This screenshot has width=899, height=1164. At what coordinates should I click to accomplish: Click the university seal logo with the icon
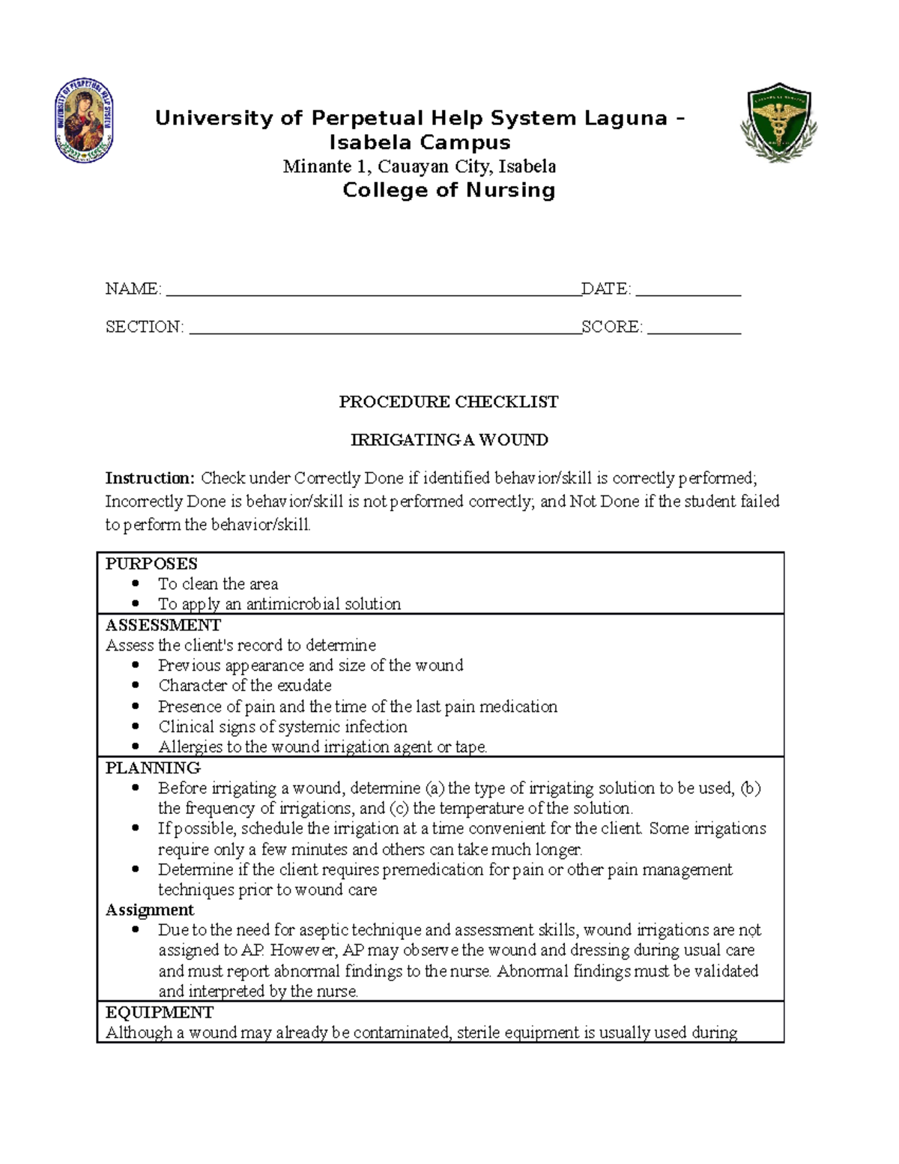pyautogui.click(x=85, y=121)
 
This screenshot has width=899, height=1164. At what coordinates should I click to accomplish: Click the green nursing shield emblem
pyautogui.click(x=778, y=122)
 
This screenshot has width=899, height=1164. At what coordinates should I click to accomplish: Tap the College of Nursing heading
pyautogui.click(x=449, y=190)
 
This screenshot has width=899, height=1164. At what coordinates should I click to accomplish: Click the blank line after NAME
pyautogui.click(x=372, y=291)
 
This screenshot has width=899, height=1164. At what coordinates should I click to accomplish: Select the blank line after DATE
pyautogui.click(x=687, y=291)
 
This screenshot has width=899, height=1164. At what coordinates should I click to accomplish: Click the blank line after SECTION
pyautogui.click(x=384, y=328)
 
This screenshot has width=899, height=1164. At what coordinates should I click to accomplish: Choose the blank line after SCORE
pyautogui.click(x=694, y=328)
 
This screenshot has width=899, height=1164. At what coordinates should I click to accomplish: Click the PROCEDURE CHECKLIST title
pyautogui.click(x=448, y=402)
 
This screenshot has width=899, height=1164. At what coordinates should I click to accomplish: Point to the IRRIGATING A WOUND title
pyautogui.click(x=449, y=440)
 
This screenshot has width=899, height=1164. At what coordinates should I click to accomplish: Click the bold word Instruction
pyautogui.click(x=150, y=478)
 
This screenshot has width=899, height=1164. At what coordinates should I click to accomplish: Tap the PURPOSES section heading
pyautogui.click(x=151, y=564)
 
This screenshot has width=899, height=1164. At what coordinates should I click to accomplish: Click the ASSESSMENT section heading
pyautogui.click(x=163, y=625)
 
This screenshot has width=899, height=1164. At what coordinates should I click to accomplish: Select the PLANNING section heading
pyautogui.click(x=153, y=768)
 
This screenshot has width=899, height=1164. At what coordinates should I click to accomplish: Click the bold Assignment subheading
pyautogui.click(x=149, y=910)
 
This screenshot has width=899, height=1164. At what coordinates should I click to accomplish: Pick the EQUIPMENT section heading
pyautogui.click(x=159, y=1013)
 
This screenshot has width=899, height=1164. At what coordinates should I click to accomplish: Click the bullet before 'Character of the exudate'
pyautogui.click(x=136, y=685)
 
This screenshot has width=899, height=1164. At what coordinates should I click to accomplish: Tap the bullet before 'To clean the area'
pyautogui.click(x=136, y=583)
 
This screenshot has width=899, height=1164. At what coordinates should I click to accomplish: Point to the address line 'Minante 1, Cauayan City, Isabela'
pyautogui.click(x=419, y=166)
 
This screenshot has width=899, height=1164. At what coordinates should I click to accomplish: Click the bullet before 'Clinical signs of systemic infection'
pyautogui.click(x=136, y=726)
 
